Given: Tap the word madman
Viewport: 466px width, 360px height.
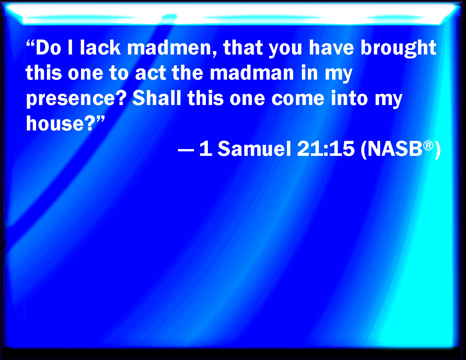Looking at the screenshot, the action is coord(252,73).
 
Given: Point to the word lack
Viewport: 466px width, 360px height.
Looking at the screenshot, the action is coord(100,48).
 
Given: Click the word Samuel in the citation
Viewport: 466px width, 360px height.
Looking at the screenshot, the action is coord(254,149).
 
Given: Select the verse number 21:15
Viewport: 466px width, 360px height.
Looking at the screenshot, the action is coord(326,149).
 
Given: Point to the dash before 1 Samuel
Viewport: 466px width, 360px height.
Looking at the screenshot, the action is coord(186,150).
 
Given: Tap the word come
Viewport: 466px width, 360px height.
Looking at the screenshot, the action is coord(298,99).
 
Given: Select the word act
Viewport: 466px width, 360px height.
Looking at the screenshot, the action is coord(151,73).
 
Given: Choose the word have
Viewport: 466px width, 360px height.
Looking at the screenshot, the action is coord(331,48).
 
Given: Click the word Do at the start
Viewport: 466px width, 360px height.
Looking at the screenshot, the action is coord(48,48).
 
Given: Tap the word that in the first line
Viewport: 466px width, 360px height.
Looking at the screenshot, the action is coord(243,48).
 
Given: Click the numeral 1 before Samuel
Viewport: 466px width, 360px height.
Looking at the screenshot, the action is coord(206,149).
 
